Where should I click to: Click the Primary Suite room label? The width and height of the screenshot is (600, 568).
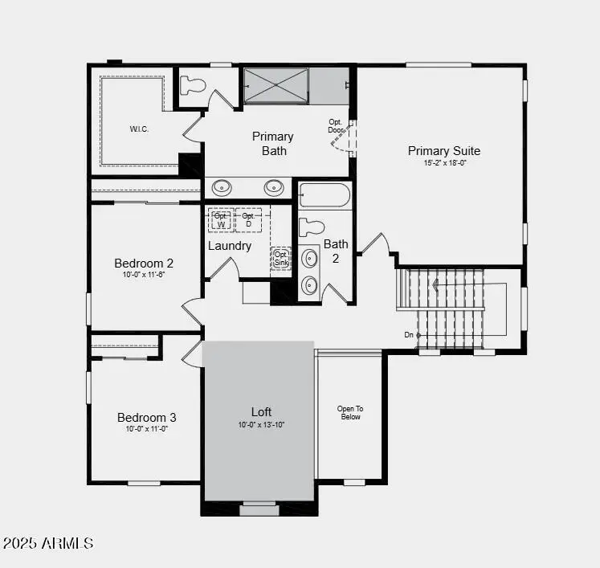443,151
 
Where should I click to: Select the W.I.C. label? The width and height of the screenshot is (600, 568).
139,129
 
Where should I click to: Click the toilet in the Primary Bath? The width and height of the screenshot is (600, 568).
194,84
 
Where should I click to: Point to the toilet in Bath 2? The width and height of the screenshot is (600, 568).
311,227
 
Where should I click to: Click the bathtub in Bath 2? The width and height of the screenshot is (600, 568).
324,195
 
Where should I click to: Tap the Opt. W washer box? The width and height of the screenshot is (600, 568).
221,219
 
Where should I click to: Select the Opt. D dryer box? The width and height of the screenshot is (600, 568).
248,219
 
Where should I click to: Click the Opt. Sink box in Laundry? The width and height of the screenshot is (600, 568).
280,258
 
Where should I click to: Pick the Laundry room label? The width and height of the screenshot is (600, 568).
230,246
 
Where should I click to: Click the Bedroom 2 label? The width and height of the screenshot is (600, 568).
144,264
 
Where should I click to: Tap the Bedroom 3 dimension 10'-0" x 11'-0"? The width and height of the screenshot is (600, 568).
146,429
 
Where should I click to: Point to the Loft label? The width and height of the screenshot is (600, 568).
261,412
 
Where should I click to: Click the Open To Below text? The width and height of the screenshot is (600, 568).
350,413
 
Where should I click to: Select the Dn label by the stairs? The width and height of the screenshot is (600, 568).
409,334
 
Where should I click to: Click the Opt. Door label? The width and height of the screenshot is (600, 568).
336,126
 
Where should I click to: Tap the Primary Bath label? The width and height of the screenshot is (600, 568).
273,143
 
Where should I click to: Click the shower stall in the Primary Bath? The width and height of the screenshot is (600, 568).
276,86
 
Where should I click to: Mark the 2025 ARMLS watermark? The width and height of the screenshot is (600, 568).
48,544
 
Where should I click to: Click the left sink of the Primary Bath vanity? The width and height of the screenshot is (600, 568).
222,187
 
